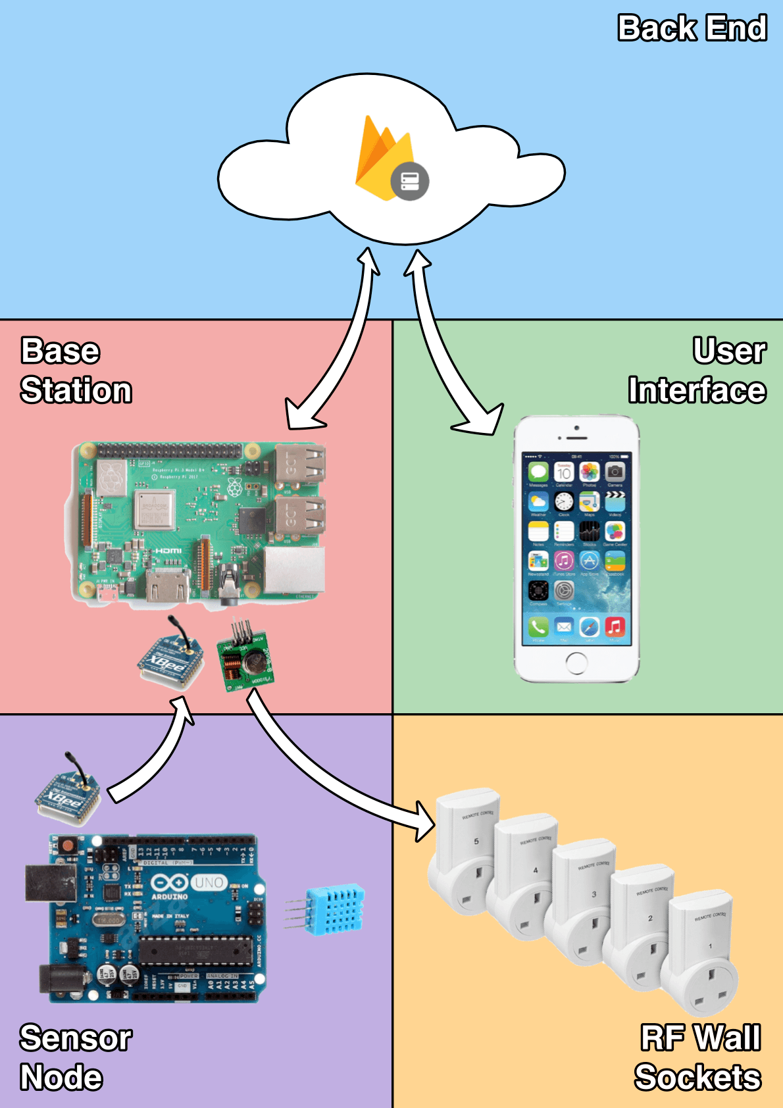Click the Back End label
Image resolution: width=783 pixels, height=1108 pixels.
[692, 29]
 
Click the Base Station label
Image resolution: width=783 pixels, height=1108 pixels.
[76, 370]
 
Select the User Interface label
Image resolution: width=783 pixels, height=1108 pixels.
[697, 370]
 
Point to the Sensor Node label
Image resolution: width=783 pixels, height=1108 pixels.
[75, 1057]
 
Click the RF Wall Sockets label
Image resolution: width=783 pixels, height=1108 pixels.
[698, 1057]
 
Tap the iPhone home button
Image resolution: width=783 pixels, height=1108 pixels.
[576, 663]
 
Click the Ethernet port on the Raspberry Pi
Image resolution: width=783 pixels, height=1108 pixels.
[294, 570]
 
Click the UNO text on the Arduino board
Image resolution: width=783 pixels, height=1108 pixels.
[209, 882]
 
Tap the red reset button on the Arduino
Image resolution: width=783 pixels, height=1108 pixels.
[66, 844]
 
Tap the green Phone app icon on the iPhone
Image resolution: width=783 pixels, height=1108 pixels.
[538, 627]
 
